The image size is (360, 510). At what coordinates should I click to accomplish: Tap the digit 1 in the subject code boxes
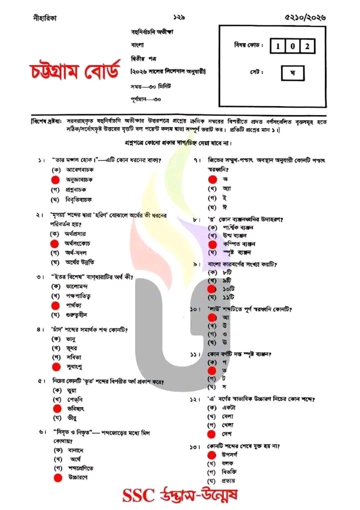(278, 47)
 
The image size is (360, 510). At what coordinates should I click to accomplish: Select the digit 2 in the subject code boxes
(309, 47)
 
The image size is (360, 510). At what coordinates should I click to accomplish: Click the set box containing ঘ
(292, 73)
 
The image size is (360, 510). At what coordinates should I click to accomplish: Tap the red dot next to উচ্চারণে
(57, 477)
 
